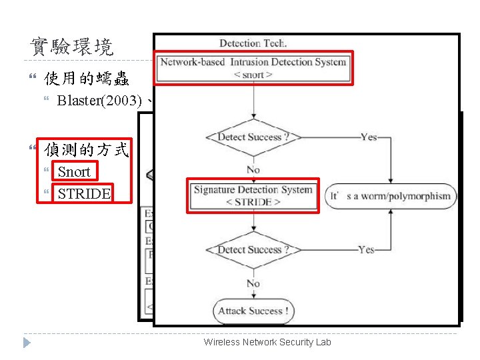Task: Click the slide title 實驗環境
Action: (x=72, y=47)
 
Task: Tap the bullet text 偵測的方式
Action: (x=86, y=149)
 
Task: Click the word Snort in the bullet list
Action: (x=74, y=171)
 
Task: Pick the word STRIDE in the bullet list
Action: (x=84, y=193)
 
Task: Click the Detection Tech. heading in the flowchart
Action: (x=253, y=43)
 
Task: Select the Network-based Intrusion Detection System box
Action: (x=253, y=68)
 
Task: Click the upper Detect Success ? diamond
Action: (x=253, y=137)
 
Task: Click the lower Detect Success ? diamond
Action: (x=253, y=250)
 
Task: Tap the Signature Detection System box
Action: (x=253, y=195)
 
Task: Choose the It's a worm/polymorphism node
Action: (x=391, y=196)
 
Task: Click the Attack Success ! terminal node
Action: (x=253, y=311)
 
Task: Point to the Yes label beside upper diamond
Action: (x=369, y=137)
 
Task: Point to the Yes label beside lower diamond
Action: (x=366, y=250)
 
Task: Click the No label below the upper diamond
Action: (x=253, y=169)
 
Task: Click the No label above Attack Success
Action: (x=253, y=283)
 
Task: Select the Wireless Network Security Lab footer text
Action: (x=267, y=342)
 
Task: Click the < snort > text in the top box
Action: (x=253, y=75)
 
